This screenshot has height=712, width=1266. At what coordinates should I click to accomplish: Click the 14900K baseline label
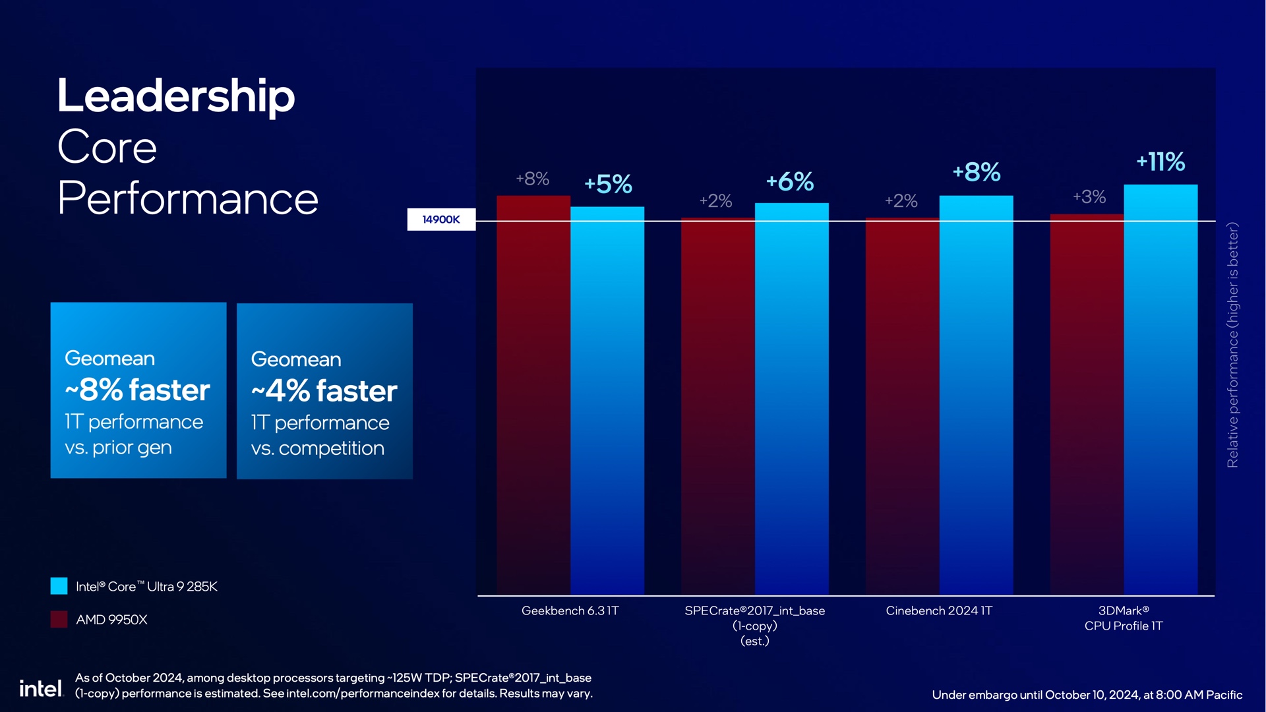(441, 220)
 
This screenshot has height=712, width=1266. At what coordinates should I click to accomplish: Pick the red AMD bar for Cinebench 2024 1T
(902, 406)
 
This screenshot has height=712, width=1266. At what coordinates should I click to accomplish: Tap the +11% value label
(1160, 162)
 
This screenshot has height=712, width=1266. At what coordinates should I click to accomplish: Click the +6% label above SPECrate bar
(790, 182)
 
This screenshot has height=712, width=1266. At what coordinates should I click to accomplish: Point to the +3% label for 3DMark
(1089, 197)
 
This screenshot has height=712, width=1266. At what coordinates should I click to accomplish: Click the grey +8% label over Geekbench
(532, 179)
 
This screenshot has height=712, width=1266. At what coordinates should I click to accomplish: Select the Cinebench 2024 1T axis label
(939, 611)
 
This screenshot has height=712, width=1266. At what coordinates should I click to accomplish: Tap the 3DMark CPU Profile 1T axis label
(1124, 618)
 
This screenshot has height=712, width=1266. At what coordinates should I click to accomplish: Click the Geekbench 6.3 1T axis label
(570, 611)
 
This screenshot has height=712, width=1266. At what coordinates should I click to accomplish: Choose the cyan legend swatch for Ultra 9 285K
(59, 586)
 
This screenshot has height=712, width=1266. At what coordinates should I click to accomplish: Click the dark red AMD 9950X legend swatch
(59, 619)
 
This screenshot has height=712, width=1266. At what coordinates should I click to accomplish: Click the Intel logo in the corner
(40, 689)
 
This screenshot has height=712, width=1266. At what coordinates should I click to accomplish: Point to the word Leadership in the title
(176, 96)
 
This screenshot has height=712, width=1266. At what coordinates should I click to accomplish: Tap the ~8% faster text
(137, 390)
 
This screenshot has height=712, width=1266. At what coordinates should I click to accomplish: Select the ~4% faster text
(324, 391)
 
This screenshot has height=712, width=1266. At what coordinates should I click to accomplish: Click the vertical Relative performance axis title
(1232, 345)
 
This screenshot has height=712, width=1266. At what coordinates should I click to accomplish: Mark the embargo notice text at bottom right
(1087, 695)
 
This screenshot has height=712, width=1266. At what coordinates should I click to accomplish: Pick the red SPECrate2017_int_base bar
(717, 406)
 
